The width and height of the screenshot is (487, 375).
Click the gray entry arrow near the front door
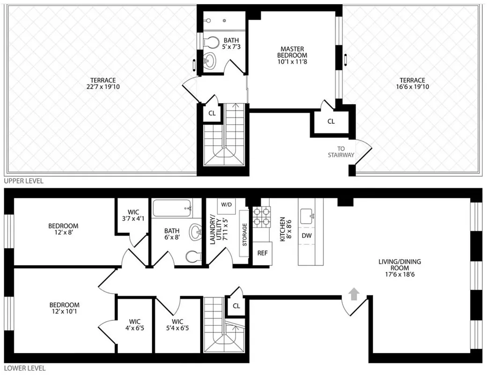coord(354,294)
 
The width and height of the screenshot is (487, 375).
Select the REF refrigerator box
coord(262,253)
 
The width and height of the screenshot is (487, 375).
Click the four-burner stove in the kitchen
coord(262,217)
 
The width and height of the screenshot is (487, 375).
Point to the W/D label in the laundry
coord(227,205)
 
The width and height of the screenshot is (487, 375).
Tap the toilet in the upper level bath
coord(211,42)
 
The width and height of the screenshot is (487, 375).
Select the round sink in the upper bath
coord(211,60)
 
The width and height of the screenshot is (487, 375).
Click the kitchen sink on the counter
coord(307,216)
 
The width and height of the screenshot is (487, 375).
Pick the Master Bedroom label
coord(292,55)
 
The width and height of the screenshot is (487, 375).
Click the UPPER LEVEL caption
coord(23,181)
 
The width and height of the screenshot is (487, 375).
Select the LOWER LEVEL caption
coord(24,369)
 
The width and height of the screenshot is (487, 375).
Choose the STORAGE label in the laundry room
coord(244,234)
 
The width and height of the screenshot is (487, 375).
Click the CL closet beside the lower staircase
coord(236,306)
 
